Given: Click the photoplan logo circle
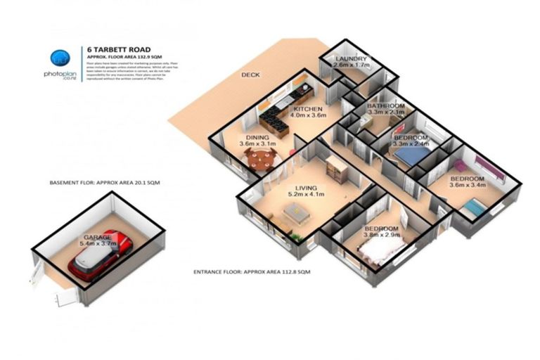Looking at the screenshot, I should [58, 58].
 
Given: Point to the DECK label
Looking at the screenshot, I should [250, 75].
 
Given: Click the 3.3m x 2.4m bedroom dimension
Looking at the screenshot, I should [411, 144].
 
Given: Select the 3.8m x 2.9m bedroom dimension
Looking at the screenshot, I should [382, 237].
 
